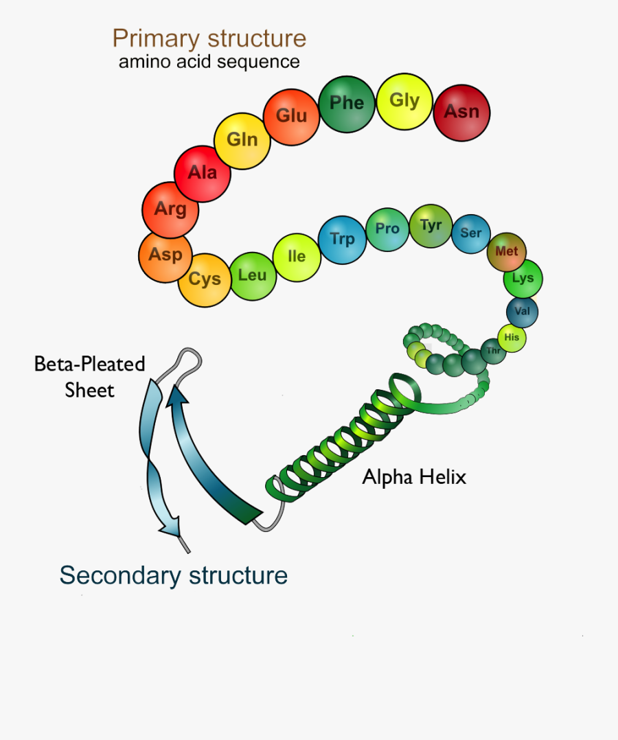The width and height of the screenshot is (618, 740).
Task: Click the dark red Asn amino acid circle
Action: pyautogui.click(x=461, y=112)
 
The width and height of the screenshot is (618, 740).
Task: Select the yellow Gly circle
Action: pyautogui.click(x=404, y=101)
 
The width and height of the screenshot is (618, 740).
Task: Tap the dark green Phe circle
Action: pyautogui.click(x=347, y=104)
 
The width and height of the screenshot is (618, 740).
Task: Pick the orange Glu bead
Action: pyautogui.click(x=291, y=115)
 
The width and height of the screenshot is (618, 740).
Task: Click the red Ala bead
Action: pyautogui.click(x=203, y=173)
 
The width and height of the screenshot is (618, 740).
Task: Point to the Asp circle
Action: pyautogui.click(x=165, y=255)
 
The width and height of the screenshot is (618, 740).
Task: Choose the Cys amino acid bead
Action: pyautogui.click(x=205, y=279)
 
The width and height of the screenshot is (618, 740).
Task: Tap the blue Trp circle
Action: pyautogui.click(x=343, y=240)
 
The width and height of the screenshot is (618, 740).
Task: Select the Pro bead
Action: pyautogui.click(x=387, y=229)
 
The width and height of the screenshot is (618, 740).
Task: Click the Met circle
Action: pyautogui.click(x=507, y=252)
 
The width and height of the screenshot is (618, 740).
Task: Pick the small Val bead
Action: pyautogui.click(x=523, y=312)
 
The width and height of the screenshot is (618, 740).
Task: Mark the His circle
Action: pyautogui.click(x=512, y=338)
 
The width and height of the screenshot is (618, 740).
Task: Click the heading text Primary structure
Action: pyautogui.click(x=209, y=38)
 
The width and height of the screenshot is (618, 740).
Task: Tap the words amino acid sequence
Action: pyautogui.click(x=209, y=62)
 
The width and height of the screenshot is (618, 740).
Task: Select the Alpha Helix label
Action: pyautogui.click(x=414, y=477)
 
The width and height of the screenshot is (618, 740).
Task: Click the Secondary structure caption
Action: pyautogui.click(x=173, y=575)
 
